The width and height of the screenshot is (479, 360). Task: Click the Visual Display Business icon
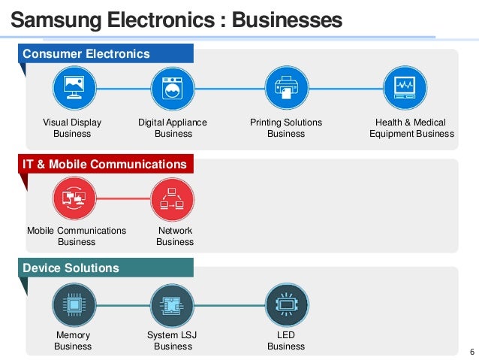[x=73, y=89]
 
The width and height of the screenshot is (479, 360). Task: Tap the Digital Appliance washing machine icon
[x=173, y=89]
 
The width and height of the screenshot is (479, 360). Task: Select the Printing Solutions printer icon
[x=286, y=89]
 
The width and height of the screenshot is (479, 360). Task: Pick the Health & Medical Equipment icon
[x=405, y=89]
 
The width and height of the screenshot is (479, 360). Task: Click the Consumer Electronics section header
[x=86, y=54]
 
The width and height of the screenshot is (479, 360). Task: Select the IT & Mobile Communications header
[x=104, y=164]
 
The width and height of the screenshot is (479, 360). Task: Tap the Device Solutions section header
[x=71, y=268]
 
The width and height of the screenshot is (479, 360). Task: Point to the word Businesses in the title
[x=287, y=19]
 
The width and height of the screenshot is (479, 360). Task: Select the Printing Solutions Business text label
[x=286, y=128]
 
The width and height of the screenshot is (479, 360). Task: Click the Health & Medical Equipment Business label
[x=411, y=128]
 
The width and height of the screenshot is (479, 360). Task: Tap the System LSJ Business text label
[x=173, y=340]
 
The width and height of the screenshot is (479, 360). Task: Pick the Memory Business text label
[x=73, y=340]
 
